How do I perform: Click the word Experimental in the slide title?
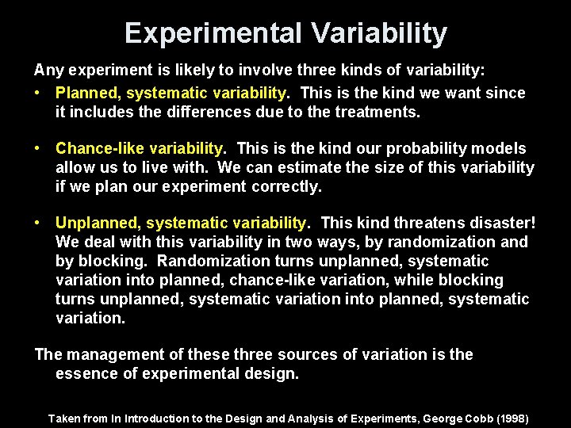click(213, 33)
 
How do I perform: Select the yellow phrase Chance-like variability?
click(140, 148)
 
